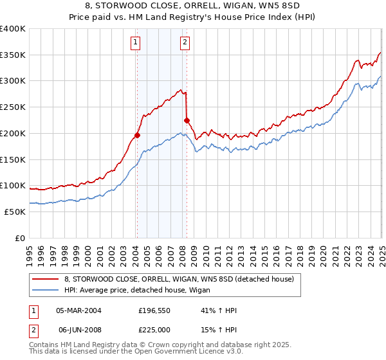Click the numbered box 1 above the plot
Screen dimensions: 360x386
(x=136, y=43)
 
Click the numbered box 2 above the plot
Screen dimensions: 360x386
(x=185, y=43)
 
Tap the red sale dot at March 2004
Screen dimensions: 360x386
(x=137, y=135)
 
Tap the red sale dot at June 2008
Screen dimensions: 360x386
(x=187, y=120)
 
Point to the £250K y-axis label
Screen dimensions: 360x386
(x=13, y=107)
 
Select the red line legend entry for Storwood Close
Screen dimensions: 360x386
(x=179, y=278)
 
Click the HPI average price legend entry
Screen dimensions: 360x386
(x=142, y=291)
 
